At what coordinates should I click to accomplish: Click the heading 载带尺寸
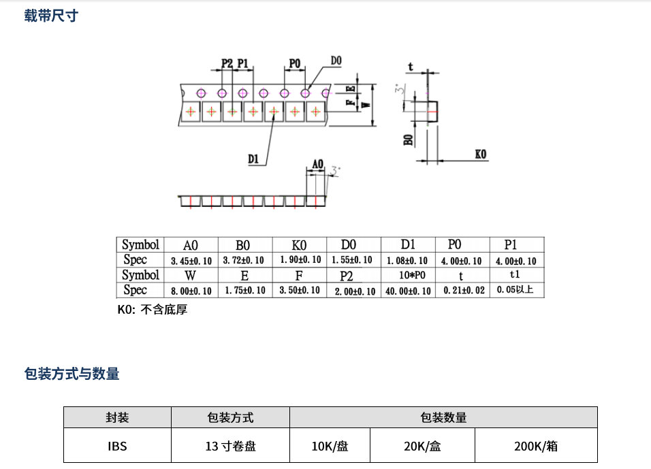(x=51, y=16)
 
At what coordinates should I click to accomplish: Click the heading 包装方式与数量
(x=72, y=373)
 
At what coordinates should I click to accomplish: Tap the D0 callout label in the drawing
(x=336, y=61)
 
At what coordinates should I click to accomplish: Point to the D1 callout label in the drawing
(x=254, y=159)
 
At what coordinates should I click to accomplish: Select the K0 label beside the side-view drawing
(x=481, y=155)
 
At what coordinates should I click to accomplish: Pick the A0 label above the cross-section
(x=317, y=163)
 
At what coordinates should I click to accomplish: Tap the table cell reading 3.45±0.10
(x=191, y=261)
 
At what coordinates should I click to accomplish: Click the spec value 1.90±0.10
(x=300, y=260)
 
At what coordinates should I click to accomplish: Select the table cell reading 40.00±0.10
(x=408, y=291)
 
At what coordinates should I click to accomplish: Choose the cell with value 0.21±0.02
(x=462, y=291)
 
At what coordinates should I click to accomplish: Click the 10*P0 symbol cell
(x=408, y=276)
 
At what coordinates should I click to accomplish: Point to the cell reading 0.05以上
(x=516, y=290)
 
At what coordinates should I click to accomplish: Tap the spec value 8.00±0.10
(x=191, y=291)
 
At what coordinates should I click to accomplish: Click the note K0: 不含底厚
(x=153, y=310)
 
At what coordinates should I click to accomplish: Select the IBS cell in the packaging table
(x=117, y=447)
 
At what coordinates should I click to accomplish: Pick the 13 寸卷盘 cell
(x=230, y=447)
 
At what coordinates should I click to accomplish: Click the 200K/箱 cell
(x=536, y=447)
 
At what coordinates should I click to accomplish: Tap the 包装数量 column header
(x=443, y=417)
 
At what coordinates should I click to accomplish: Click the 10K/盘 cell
(x=330, y=447)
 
